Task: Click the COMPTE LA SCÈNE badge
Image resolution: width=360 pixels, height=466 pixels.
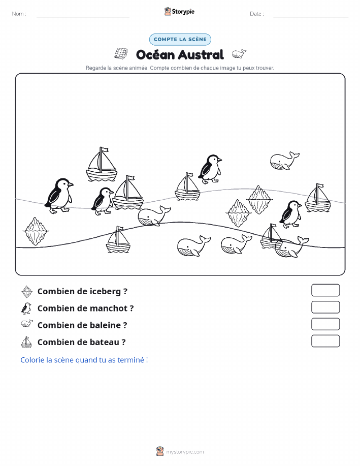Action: coord(180,39)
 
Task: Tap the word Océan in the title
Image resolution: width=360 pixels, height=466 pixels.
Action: coord(155,55)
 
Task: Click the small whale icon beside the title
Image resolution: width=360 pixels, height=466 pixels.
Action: coord(239,54)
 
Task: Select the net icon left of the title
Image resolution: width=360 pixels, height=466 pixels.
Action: coord(121,53)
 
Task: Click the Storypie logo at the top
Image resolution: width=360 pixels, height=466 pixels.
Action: coord(179,12)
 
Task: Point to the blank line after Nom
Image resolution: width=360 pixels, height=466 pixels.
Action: coord(83,17)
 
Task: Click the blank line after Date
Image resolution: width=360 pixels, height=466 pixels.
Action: coord(311,17)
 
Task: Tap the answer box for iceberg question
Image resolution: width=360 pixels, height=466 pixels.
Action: coord(325,290)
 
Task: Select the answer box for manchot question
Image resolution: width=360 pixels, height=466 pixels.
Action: coord(325,307)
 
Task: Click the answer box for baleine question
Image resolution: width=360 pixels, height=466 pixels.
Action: coord(325,324)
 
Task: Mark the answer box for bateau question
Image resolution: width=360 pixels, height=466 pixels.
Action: coord(325,341)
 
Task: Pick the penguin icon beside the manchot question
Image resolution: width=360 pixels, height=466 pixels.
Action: coord(26,308)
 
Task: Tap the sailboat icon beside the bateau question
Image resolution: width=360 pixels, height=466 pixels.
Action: coord(26,342)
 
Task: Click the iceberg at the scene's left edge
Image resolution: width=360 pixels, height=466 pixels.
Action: coord(36,231)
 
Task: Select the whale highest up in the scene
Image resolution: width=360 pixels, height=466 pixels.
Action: coord(284,161)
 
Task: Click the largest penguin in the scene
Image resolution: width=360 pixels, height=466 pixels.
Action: coord(59,196)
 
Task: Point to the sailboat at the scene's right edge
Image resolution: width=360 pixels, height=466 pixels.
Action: coord(318,198)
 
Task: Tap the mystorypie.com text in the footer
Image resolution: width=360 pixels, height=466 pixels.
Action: coord(185,452)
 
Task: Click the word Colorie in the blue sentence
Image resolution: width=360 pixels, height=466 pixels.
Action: coord(32,360)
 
